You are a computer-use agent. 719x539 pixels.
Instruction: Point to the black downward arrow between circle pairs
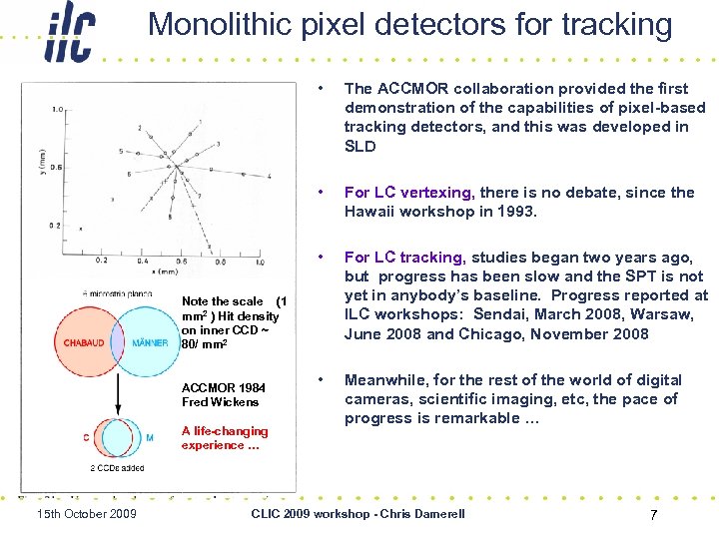click(119, 399)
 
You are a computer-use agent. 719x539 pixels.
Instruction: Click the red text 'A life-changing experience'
click(224, 438)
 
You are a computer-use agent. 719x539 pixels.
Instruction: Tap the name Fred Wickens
click(220, 402)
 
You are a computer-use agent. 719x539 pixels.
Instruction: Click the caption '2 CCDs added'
click(118, 467)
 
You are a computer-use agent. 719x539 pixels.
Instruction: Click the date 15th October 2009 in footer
click(86, 514)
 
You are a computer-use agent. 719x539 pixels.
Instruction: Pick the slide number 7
click(653, 514)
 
